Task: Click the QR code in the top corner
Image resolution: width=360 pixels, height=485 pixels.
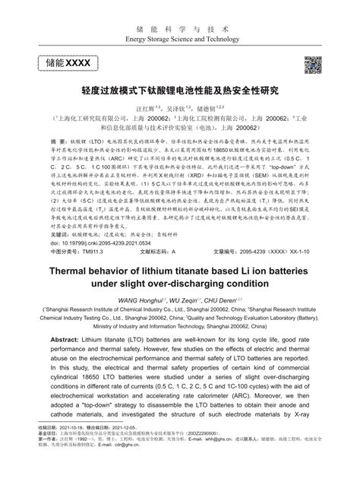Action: point(313,65)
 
